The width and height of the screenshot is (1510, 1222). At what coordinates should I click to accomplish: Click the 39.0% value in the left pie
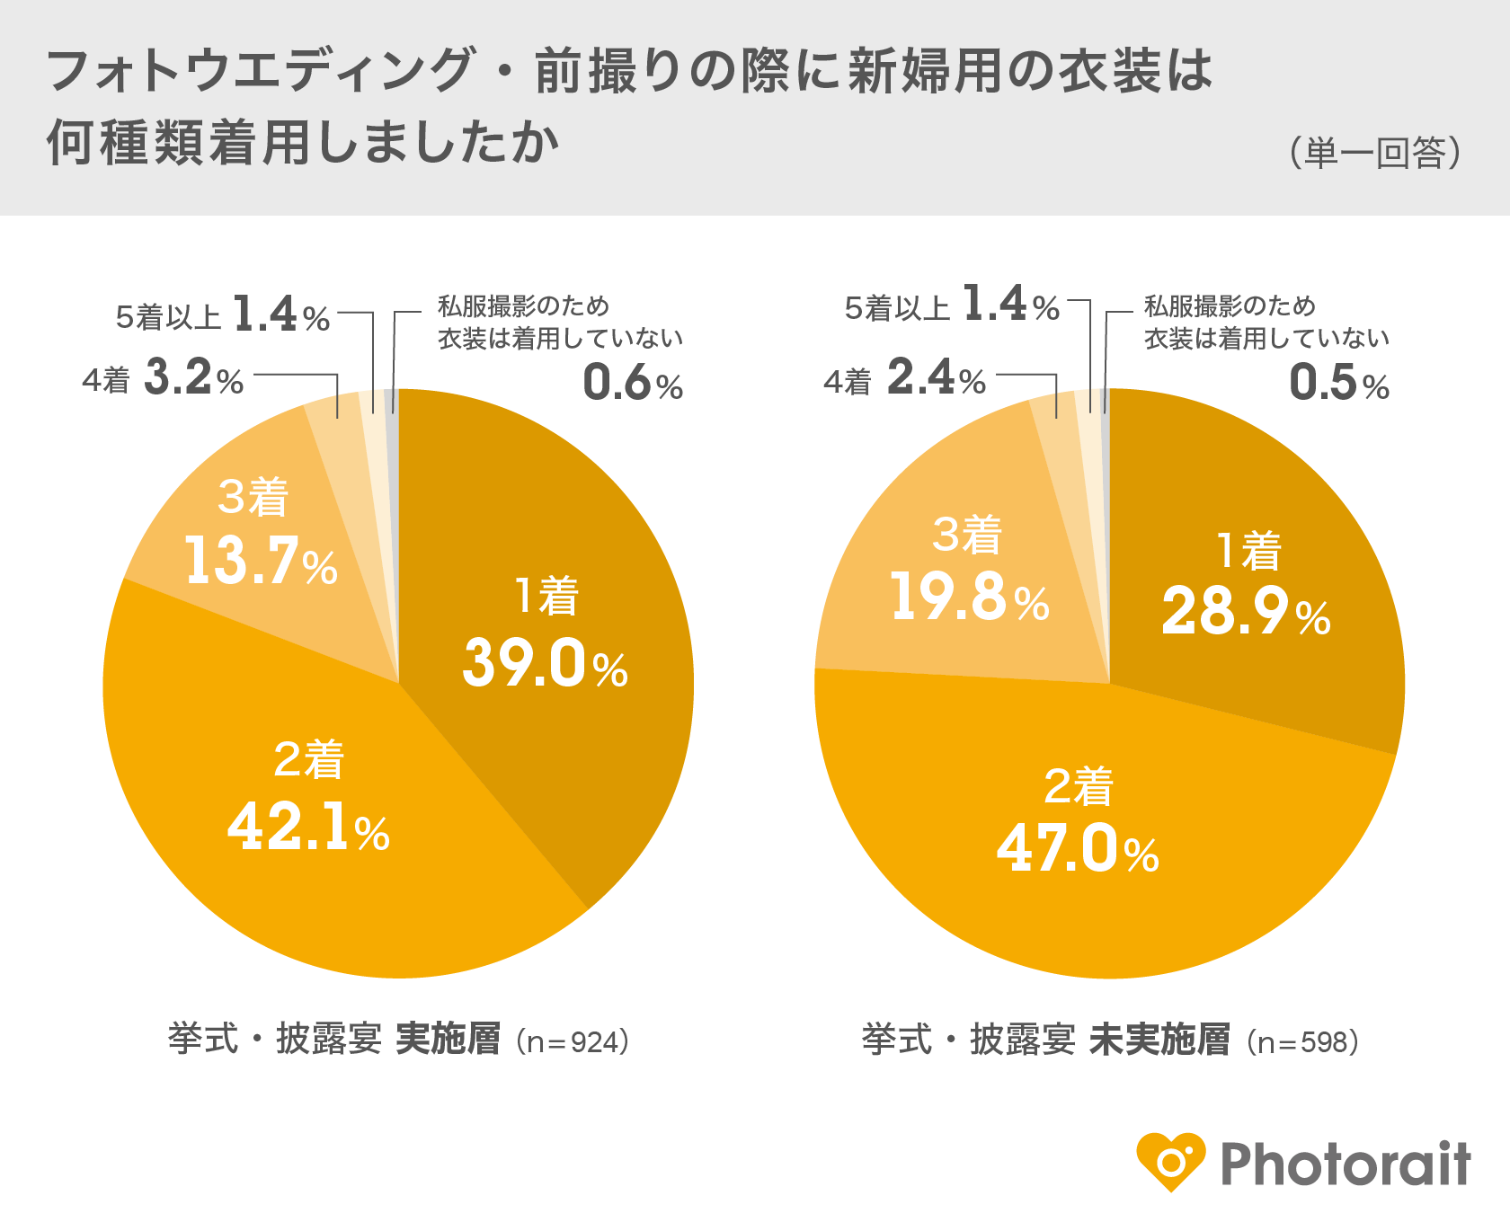click(545, 665)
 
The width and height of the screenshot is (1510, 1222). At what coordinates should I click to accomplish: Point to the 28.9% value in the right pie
click(1246, 613)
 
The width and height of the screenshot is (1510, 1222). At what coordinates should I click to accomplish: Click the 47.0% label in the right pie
click(1078, 849)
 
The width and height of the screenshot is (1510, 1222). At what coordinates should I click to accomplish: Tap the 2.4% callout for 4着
click(936, 378)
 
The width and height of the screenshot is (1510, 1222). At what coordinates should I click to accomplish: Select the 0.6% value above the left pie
click(633, 384)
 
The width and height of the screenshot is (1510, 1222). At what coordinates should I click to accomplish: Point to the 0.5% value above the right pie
click(1339, 384)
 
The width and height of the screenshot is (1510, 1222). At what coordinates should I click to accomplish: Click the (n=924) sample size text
click(573, 1042)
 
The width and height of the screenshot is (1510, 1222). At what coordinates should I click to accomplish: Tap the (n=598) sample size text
click(1303, 1042)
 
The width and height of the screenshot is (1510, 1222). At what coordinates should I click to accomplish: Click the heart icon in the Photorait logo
click(1170, 1162)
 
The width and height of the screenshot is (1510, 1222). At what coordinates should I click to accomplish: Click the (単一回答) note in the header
click(1375, 154)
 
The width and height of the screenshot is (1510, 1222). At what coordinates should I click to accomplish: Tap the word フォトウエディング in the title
click(261, 72)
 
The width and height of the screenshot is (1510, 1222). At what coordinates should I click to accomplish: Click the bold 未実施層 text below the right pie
click(1159, 1040)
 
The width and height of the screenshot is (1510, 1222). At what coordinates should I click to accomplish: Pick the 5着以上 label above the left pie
click(168, 317)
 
